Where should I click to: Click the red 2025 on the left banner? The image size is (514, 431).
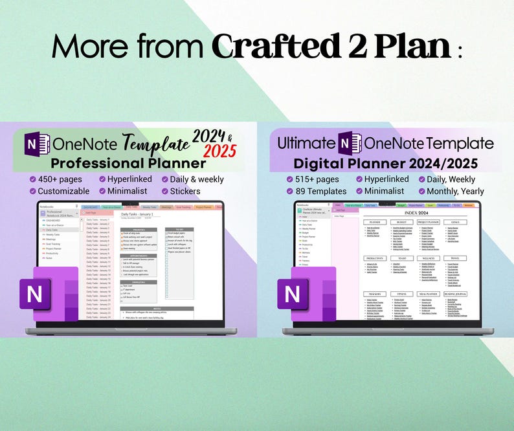(x=221, y=150)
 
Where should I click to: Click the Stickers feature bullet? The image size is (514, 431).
(x=185, y=191)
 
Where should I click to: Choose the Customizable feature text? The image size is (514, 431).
(x=63, y=191)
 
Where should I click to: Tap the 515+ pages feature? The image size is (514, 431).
(x=318, y=179)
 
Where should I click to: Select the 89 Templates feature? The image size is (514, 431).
(x=321, y=191)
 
